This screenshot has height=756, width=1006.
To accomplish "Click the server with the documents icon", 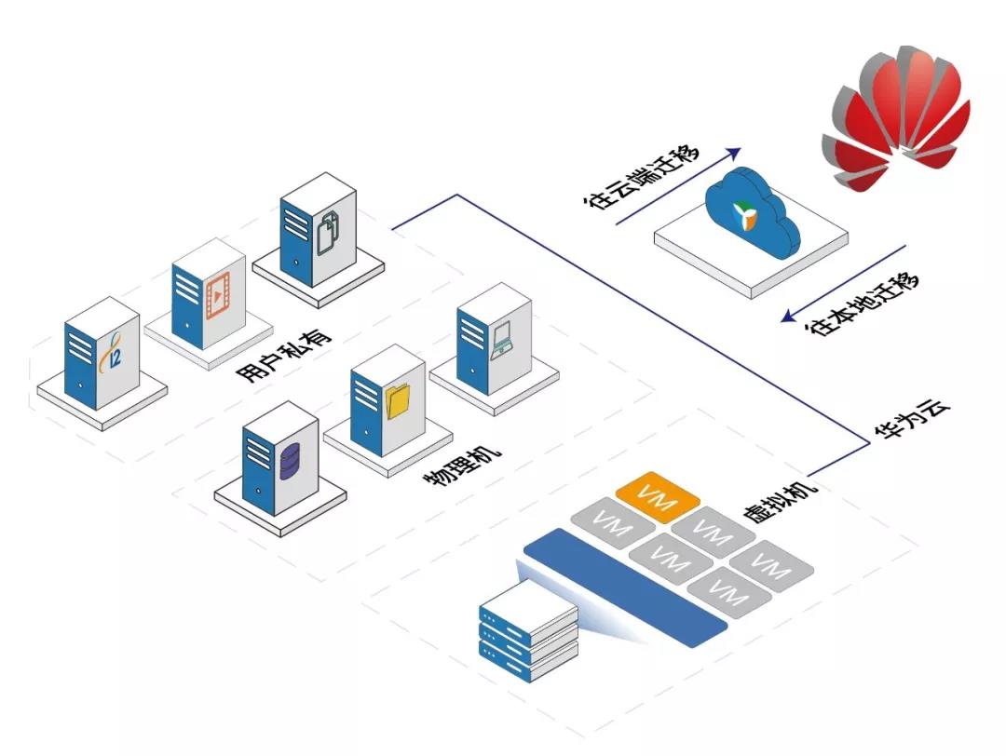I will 318,232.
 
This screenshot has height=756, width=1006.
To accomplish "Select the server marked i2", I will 102,353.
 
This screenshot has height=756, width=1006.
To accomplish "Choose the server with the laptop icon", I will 494,340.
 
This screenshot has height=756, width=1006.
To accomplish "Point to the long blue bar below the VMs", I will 623,587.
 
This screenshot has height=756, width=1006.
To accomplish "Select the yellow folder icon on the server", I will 399,401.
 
